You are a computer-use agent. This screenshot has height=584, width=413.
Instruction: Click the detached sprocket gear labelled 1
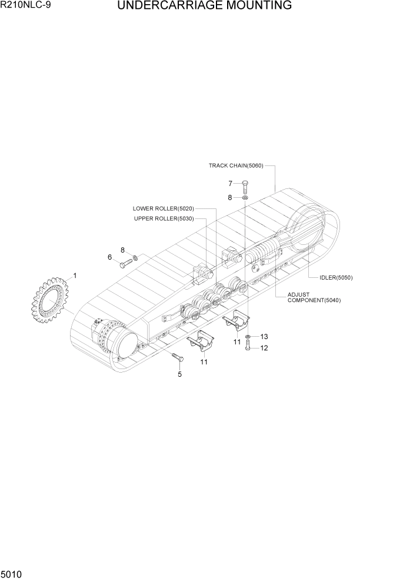pos(51,303)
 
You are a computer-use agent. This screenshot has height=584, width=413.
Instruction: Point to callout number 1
pos(75,276)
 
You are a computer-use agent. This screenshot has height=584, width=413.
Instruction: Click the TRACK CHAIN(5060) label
pos(236,165)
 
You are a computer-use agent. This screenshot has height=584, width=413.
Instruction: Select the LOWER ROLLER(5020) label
pos(163,208)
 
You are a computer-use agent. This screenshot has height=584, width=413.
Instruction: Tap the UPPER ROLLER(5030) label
pos(163,218)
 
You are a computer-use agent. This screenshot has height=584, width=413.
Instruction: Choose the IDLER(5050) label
pos(336,277)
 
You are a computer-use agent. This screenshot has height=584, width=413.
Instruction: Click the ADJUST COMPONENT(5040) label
pos(314,297)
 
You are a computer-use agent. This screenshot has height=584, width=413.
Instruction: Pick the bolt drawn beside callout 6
pos(126,263)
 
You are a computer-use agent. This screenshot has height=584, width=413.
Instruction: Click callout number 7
pos(231,183)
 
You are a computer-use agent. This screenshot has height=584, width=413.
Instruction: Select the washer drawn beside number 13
pos(249,337)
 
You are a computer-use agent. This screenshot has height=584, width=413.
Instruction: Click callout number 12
pos(264,348)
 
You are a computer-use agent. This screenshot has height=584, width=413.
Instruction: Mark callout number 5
pos(179,374)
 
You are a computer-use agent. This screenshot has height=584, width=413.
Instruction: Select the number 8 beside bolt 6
pos(123,250)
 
